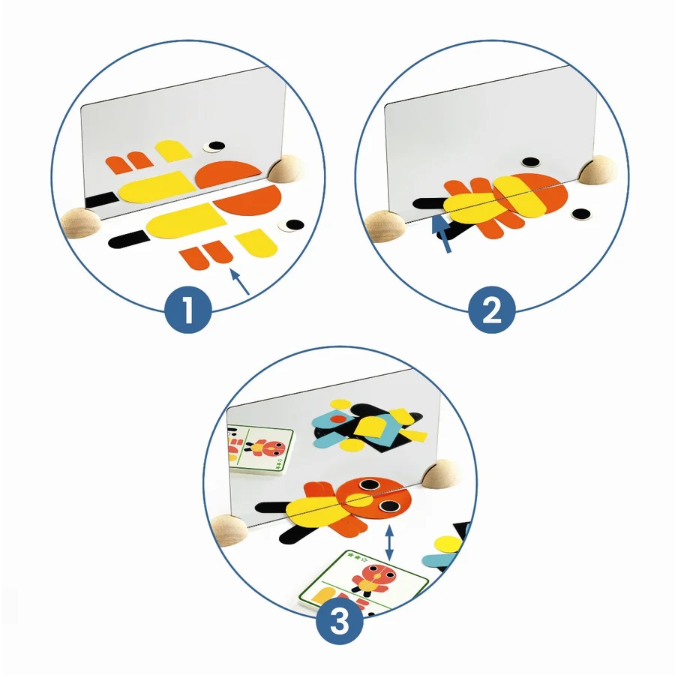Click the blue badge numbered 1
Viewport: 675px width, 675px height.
188,310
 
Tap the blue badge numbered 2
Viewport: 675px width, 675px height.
492,310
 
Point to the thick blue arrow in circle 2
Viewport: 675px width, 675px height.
442,234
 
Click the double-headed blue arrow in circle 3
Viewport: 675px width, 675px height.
389,543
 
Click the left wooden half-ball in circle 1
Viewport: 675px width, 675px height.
80,222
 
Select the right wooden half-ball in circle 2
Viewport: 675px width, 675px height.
598,170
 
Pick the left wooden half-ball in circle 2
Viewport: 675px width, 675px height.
385,226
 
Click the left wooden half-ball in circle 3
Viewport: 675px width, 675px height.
229,530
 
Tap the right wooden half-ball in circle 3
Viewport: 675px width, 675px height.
440,473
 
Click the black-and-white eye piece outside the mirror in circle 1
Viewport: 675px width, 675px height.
291,224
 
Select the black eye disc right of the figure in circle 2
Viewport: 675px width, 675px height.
580,214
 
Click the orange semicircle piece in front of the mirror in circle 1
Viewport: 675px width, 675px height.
247,202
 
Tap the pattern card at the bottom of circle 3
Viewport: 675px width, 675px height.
364,582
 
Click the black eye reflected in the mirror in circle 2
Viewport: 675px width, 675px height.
530,162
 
